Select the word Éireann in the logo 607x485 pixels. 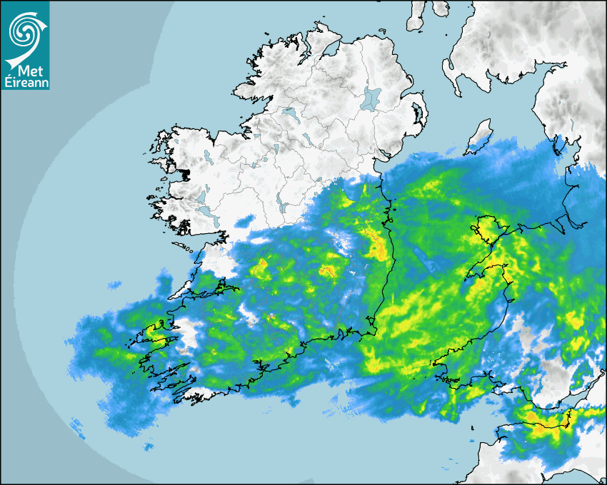[26, 82]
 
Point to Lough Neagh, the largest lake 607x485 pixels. [371, 98]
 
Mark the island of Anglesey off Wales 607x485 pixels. [486, 229]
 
